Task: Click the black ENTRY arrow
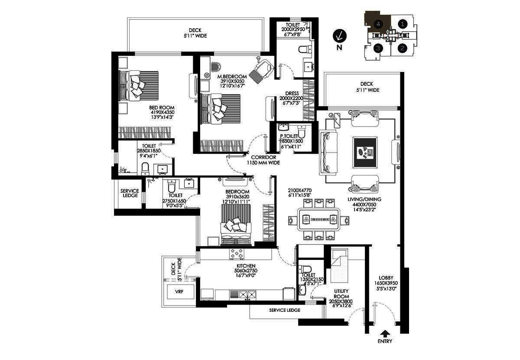click(385, 333)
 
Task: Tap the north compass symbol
click(340, 36)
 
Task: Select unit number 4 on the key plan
click(378, 24)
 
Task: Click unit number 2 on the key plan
click(402, 48)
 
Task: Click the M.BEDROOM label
click(232, 77)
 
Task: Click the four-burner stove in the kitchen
click(237, 254)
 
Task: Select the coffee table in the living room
click(365, 152)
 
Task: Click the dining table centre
click(318, 219)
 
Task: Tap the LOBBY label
click(386, 278)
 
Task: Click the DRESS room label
click(292, 93)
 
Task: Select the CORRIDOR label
click(263, 157)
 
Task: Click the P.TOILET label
click(289, 136)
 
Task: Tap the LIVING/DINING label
click(364, 199)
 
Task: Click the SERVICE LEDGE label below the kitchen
click(285, 310)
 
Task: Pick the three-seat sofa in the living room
click(328, 152)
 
